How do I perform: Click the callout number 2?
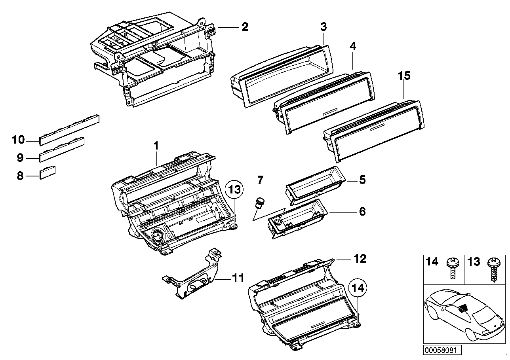point(245,27)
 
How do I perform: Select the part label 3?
point(324,27)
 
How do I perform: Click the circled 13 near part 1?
point(234,190)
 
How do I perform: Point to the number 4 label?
point(353,46)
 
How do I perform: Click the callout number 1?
point(156,146)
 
